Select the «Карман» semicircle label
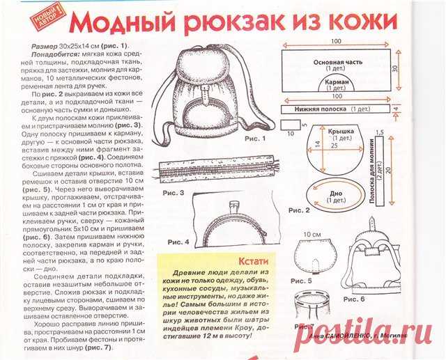pos(337,81)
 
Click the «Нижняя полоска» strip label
pos(322,109)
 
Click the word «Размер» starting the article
pos(45,45)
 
